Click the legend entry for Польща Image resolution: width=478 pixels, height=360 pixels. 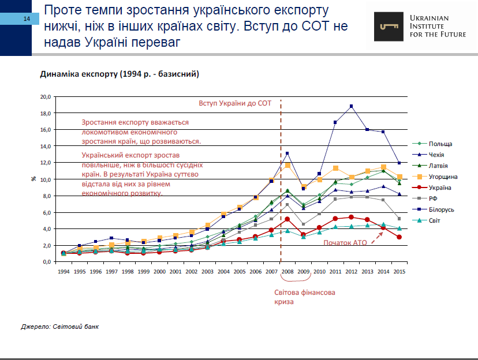pos(440,144)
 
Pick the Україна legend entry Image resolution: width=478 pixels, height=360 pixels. pos(440,187)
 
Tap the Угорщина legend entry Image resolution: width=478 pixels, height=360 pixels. pos(442,177)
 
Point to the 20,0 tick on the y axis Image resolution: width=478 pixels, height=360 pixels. pos(46,96)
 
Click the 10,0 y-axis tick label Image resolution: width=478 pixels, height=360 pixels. pos(46,179)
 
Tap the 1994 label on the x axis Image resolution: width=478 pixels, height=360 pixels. pos(64,271)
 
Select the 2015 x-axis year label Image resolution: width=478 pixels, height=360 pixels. pos(398,271)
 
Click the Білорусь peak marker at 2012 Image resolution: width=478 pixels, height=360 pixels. pos(351,106)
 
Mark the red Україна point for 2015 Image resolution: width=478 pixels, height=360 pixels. pos(398,237)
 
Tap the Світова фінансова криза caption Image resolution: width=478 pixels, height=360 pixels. pos(304,297)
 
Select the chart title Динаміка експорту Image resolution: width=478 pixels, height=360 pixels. pos(119,74)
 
